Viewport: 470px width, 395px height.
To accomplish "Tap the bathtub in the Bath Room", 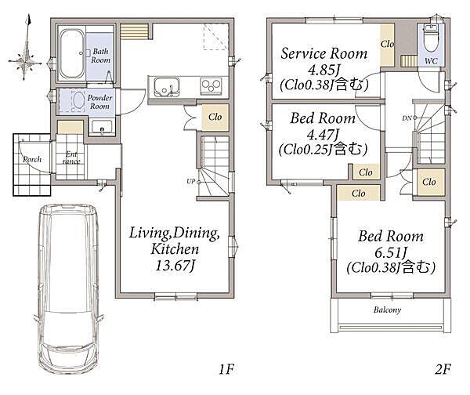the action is (x=71, y=54).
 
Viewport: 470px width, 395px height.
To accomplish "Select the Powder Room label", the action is (x=99, y=102).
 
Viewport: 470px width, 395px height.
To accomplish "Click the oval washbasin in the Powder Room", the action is (x=78, y=100).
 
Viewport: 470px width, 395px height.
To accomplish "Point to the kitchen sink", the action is (x=167, y=87).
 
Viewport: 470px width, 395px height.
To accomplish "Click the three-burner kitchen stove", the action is (x=211, y=85).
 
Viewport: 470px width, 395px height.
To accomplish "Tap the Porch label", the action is (x=32, y=159).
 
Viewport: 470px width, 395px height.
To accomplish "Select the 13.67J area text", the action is (x=175, y=266).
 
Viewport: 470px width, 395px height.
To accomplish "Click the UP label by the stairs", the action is (x=190, y=182).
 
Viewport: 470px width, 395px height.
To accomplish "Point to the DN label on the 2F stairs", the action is (x=407, y=118).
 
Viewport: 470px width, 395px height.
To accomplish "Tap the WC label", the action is (x=431, y=61).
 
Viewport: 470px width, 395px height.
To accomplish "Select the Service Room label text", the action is (x=324, y=54).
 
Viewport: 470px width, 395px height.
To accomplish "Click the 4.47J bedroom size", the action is (x=323, y=135).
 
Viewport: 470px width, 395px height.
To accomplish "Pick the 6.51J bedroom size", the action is (x=391, y=252).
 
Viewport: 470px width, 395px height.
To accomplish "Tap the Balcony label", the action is (x=387, y=310).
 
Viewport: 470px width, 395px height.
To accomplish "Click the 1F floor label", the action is (x=226, y=369).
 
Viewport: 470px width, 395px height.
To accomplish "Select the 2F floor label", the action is (x=443, y=369).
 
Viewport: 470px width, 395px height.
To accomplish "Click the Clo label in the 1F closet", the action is (x=215, y=117).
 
